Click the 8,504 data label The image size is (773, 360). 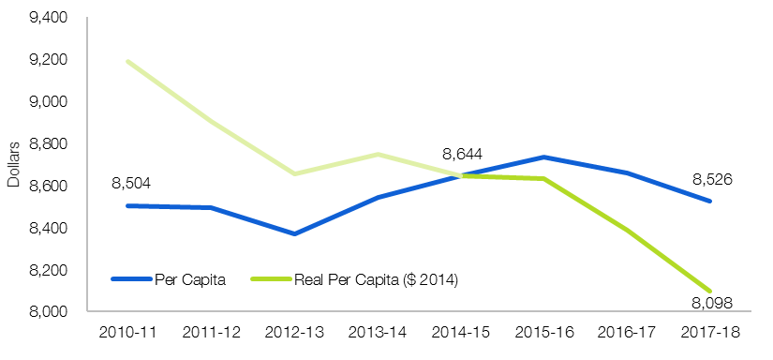pos(130,184)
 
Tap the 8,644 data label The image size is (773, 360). pos(462,155)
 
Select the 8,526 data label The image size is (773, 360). pos(712,179)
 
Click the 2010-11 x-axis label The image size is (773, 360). pos(127,333)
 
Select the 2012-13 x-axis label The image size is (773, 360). pos(294,333)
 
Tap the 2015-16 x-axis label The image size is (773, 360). pos(544,333)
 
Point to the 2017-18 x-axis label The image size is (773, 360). pos(710,333)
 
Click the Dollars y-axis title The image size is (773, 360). pos(14,165)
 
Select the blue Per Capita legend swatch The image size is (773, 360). pos(131,279)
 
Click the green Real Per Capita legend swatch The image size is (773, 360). pos(271,279)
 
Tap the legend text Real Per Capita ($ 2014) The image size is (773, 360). pos(377,280)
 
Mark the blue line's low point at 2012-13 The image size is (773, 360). pos(294,233)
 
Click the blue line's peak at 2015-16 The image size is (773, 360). pos(544,157)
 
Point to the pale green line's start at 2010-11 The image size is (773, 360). pos(127,62)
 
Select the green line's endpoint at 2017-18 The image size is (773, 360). pos(710,291)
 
